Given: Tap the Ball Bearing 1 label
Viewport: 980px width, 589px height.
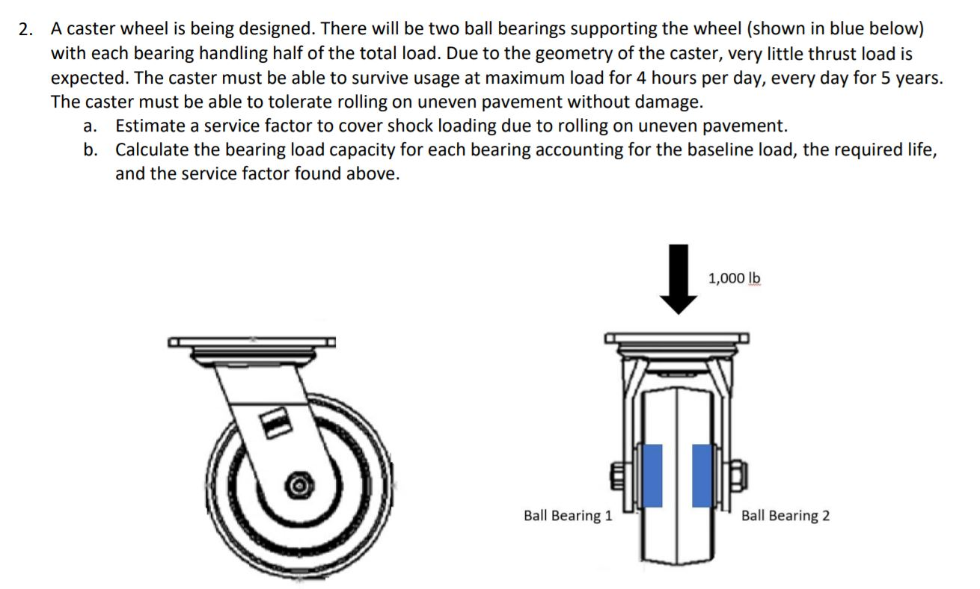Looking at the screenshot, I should click(568, 515).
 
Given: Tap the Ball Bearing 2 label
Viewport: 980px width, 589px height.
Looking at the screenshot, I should click(785, 515).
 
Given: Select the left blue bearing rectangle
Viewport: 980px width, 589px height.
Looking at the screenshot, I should click(652, 475).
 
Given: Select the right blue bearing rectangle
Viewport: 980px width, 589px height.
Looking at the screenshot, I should click(702, 475).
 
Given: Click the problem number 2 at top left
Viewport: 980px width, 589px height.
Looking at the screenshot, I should click(26, 31).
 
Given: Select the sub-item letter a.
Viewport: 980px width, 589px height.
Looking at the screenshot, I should click(89, 126).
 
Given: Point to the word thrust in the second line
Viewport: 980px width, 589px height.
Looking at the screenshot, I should click(792, 54).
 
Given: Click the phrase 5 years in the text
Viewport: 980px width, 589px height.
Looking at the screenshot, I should click(907, 78).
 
